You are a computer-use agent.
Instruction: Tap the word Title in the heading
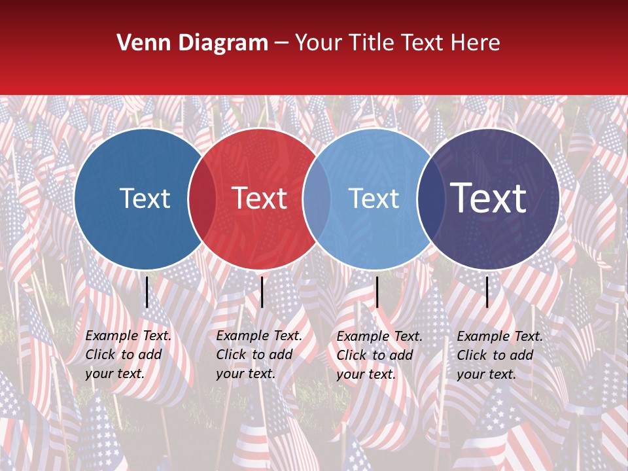372,43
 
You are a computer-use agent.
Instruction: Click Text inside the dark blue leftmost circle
145,198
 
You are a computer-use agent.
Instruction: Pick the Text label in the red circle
259,198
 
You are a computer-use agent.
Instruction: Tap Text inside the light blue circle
374,198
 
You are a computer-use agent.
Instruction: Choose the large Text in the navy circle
489,198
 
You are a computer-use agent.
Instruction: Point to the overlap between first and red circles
202,198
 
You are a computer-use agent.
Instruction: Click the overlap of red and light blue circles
317,198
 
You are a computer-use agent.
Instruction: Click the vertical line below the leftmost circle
147,292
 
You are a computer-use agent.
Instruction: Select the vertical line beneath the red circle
262,292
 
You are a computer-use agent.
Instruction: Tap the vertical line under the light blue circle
377,292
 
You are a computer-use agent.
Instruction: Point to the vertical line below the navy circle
487,292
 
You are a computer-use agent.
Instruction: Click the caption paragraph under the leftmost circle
128,355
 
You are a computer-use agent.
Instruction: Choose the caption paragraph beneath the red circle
259,355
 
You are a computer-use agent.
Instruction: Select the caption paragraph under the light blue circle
379,355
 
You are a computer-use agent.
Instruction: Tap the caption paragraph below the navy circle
500,355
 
